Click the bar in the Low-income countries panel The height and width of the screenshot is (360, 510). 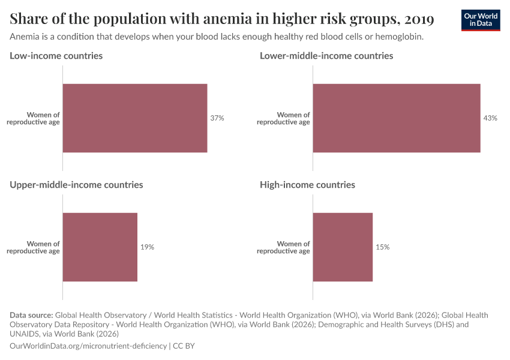click(x=135, y=118)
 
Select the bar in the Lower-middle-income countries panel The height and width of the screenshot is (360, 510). click(x=396, y=118)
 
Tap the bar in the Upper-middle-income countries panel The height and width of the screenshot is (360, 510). click(x=100, y=247)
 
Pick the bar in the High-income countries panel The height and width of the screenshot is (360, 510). click(x=343, y=247)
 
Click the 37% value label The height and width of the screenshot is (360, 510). click(x=217, y=118)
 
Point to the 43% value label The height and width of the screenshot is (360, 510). click(x=490, y=118)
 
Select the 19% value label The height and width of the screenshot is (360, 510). click(x=147, y=247)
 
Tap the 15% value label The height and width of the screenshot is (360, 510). click(x=382, y=247)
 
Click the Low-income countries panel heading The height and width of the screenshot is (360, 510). click(x=56, y=56)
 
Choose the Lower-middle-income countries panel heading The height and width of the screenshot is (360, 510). click(x=326, y=56)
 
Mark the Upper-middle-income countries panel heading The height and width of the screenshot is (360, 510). click(x=76, y=185)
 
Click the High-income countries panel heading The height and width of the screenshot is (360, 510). click(x=307, y=185)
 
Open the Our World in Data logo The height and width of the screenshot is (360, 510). click(x=481, y=20)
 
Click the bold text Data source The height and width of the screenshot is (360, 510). click(x=31, y=315)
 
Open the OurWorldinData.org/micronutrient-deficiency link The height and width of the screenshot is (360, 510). click(x=89, y=346)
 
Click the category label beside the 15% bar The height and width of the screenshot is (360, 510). click(x=283, y=247)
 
